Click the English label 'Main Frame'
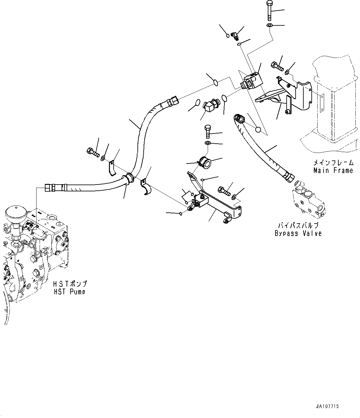(x=333, y=170)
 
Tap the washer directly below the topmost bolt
(x=269, y=25)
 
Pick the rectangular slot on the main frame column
(x=322, y=102)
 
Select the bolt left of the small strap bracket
(x=92, y=152)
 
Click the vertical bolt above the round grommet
(x=207, y=131)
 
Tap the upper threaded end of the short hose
(x=239, y=119)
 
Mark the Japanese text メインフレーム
(x=333, y=163)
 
